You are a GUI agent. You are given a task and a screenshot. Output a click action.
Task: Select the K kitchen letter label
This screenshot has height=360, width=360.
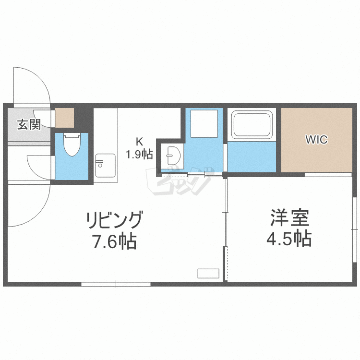(x=139, y=142)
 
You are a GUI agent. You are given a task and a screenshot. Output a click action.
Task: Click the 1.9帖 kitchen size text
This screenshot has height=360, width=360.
(x=139, y=154)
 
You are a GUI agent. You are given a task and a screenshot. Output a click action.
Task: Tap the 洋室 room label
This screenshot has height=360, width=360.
(x=288, y=218)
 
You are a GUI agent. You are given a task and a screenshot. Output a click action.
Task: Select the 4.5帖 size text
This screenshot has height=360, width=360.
(x=288, y=239)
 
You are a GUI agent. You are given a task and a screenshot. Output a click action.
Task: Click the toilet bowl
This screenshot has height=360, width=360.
(x=72, y=145)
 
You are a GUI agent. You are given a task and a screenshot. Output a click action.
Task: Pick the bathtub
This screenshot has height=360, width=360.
(x=252, y=125)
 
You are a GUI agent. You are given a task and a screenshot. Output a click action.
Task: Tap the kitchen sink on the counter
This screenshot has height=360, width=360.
(x=105, y=165)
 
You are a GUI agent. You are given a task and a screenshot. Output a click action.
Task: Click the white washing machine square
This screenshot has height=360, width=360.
(x=204, y=123)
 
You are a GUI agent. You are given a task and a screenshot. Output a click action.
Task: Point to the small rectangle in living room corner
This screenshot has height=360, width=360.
(x=208, y=274)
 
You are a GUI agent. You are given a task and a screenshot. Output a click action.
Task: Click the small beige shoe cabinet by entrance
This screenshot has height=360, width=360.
(x=64, y=118)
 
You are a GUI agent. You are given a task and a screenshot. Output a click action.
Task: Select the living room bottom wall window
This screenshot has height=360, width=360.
(x=116, y=284)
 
